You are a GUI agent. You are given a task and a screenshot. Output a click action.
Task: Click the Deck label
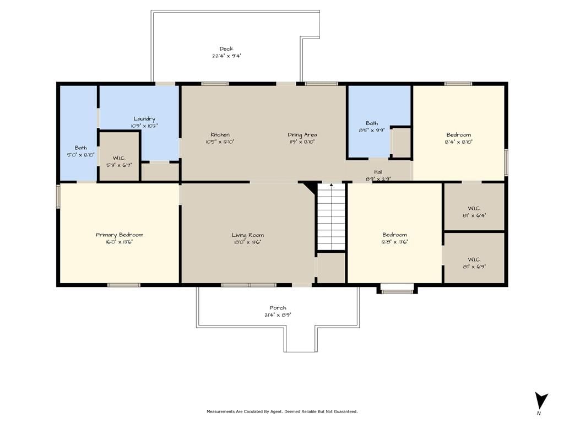[226, 48]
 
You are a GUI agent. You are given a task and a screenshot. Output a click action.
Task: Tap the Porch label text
[278, 308]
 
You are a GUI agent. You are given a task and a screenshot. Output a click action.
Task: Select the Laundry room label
[144, 119]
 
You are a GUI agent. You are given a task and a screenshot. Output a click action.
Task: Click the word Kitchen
[220, 134]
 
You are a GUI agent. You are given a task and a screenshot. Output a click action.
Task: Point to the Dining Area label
[302, 134]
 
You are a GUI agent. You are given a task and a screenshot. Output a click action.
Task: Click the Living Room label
[248, 235]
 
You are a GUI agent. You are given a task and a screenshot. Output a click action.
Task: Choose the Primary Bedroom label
[120, 235]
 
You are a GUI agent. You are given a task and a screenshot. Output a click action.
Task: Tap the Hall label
[378, 172]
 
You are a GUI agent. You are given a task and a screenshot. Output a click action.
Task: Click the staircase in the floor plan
[331, 216]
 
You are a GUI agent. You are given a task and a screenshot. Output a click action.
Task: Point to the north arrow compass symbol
[541, 402]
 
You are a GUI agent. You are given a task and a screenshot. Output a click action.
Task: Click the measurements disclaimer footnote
[282, 411]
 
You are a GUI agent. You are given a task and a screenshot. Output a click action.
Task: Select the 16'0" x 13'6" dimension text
[120, 242]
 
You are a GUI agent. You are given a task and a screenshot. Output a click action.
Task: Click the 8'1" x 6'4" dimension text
[474, 215]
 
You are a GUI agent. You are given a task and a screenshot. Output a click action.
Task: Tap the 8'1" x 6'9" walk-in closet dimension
[474, 267]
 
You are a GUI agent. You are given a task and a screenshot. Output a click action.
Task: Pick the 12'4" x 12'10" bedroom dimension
[459, 142]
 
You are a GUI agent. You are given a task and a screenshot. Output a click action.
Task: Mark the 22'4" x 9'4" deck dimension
[226, 56]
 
